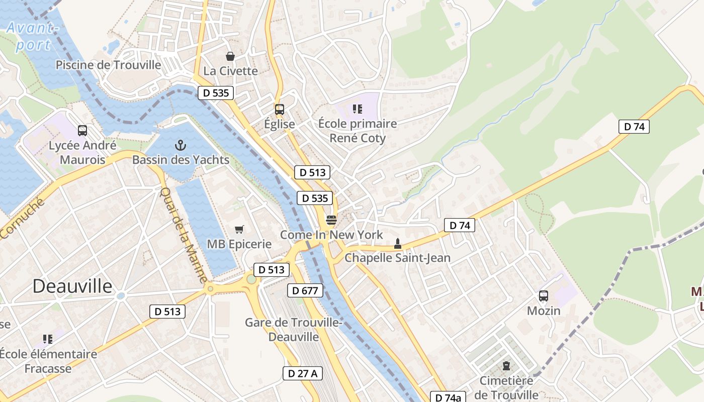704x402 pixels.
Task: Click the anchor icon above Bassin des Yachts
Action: tap(181, 146)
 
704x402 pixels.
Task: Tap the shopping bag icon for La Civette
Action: tap(230, 56)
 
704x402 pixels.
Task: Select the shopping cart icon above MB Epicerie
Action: tap(239, 230)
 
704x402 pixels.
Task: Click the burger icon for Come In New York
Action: tap(331, 220)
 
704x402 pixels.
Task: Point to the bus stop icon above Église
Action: tap(279, 109)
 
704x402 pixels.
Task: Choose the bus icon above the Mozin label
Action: tap(543, 295)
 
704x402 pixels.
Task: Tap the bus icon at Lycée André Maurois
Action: tap(82, 131)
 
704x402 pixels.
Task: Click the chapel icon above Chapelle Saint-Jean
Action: tap(397, 244)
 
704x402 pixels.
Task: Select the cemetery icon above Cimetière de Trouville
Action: tap(506, 366)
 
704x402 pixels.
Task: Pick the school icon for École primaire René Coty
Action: tap(358, 109)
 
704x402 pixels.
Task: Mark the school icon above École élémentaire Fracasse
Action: tap(48, 339)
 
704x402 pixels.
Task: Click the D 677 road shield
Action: tap(305, 290)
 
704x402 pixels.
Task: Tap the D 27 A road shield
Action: tap(302, 373)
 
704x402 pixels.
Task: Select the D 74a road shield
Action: tap(448, 397)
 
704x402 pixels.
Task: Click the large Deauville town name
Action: tap(72, 286)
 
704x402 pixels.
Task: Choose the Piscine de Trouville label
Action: tap(108, 65)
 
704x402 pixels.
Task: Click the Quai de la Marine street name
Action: tap(184, 234)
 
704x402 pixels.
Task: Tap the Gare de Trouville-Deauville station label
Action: tap(294, 330)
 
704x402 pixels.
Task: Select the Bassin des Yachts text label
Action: tap(181, 160)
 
